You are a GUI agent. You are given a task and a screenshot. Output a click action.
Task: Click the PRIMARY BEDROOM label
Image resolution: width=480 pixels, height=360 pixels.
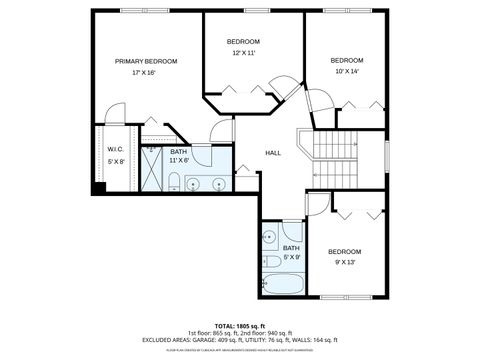[146, 61]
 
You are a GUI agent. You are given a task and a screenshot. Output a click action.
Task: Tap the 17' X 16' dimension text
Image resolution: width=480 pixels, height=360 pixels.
[146, 73]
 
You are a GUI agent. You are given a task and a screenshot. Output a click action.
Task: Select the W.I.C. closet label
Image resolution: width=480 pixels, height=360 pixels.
[115, 150]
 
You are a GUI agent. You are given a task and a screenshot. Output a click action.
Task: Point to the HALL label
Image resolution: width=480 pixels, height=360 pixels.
[271, 153]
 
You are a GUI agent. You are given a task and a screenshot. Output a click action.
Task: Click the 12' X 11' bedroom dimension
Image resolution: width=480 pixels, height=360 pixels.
[244, 53]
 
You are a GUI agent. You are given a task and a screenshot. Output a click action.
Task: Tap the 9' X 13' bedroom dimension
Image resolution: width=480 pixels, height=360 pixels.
[345, 262]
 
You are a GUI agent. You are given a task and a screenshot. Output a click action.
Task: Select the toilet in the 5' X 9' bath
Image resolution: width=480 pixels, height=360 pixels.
[270, 262]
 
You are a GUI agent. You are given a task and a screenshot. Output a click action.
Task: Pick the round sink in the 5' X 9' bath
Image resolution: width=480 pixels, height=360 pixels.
[269, 237]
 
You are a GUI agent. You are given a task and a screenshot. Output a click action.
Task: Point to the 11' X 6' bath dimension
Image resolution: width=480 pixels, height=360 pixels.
[179, 160]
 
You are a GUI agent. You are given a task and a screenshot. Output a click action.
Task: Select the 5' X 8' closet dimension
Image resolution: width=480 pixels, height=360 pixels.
[115, 161]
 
